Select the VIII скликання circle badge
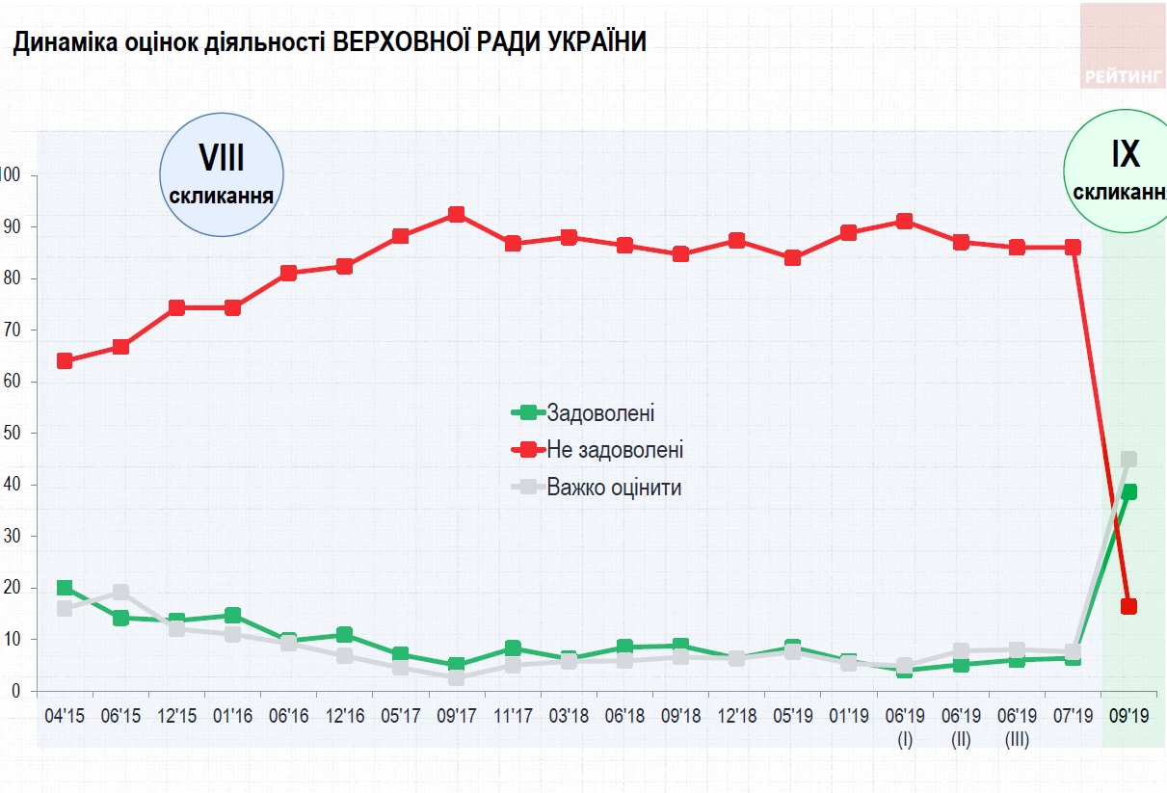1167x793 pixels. (222, 174)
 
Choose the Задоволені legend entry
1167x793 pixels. (599, 413)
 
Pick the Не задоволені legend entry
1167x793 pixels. (614, 450)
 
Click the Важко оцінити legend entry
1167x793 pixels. (613, 488)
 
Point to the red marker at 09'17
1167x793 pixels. (457, 214)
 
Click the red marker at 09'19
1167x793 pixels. (1128, 606)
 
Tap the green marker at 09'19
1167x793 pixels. (1128, 491)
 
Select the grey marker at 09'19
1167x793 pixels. (1128, 460)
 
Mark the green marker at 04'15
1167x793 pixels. (65, 588)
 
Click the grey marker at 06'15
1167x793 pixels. (120, 592)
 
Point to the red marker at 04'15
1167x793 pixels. (65, 360)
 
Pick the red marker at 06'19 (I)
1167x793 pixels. (904, 221)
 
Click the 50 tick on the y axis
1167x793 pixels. (13, 434)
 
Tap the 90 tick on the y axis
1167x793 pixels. (13, 227)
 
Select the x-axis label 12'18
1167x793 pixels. (736, 717)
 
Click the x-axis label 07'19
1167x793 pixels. (1073, 717)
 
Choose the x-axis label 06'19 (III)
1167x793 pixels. (1016, 727)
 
